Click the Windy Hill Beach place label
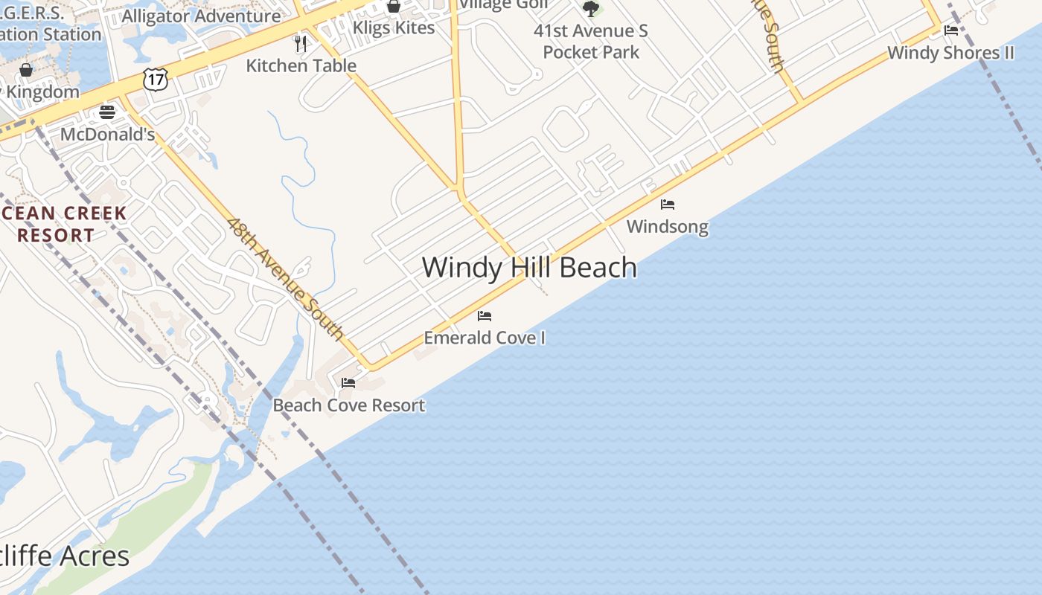[x=529, y=268]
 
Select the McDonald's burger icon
[x=107, y=112]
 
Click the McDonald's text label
[x=107, y=135]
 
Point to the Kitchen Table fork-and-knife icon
[x=301, y=43]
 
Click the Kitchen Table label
[x=301, y=65]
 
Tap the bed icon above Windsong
[x=668, y=204]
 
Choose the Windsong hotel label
[x=668, y=226]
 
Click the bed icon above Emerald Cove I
[x=485, y=316]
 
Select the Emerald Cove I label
[x=485, y=338]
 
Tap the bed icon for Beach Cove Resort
[x=348, y=383]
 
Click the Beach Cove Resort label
[x=348, y=405]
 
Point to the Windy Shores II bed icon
[x=951, y=30]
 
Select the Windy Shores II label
[x=951, y=53]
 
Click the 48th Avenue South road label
[x=285, y=278]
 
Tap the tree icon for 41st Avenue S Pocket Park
[x=591, y=9]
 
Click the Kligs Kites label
[x=394, y=28]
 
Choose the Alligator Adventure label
[x=201, y=16]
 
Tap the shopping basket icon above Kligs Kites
[x=394, y=7]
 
